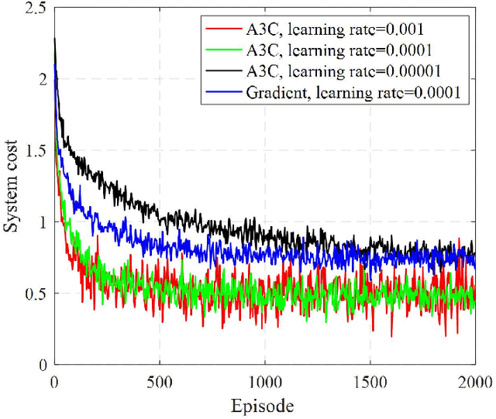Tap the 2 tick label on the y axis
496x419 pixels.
[41, 79]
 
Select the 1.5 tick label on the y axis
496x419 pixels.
[33, 150]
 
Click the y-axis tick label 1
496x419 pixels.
[41, 222]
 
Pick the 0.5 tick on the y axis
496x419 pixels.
[33, 293]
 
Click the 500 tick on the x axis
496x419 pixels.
[159, 381]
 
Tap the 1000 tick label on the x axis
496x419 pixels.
[264, 381]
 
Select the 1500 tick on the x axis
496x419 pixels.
[370, 381]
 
